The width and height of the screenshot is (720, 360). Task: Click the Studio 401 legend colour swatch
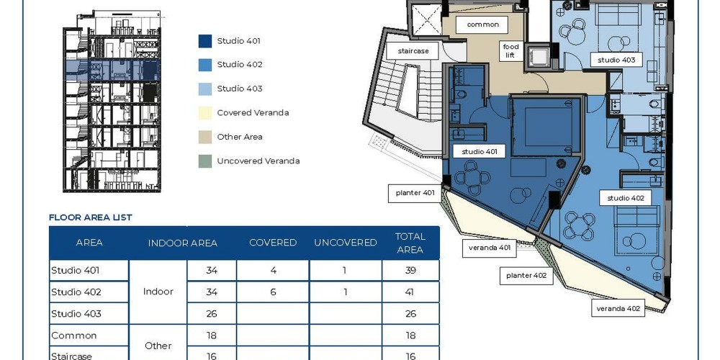click(205, 41)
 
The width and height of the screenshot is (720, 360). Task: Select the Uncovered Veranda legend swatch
click(205, 161)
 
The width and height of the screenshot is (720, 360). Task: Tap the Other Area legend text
click(240, 137)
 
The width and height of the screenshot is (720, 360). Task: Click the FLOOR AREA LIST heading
click(91, 217)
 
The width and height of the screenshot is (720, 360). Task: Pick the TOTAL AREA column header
click(410, 243)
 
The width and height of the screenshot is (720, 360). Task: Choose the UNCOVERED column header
click(346, 243)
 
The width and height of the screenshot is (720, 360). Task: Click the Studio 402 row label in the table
click(76, 292)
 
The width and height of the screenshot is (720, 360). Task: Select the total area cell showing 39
click(410, 271)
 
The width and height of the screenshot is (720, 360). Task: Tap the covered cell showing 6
click(273, 292)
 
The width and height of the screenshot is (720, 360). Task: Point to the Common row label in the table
click(74, 336)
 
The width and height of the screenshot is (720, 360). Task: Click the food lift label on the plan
click(510, 51)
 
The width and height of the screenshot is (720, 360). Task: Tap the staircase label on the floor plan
click(413, 51)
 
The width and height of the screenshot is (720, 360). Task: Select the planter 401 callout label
click(415, 193)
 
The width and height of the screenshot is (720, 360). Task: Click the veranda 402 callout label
click(618, 309)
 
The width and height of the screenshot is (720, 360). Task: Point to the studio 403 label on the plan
click(616, 60)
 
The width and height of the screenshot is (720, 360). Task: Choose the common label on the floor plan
click(482, 24)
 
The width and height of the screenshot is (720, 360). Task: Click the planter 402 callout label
click(526, 276)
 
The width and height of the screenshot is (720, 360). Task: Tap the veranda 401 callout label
click(490, 248)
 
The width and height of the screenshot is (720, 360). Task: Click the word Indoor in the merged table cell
click(158, 292)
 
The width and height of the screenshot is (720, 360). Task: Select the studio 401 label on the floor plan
click(480, 151)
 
